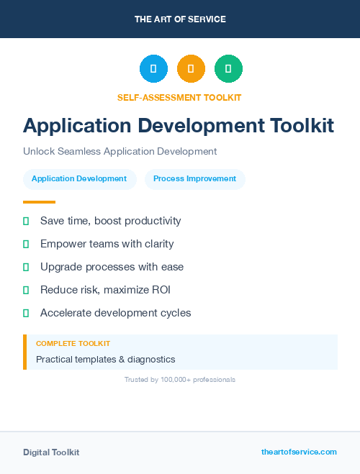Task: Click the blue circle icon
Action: pos(153,69)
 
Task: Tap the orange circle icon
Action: pos(191,69)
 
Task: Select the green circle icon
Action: pos(228,69)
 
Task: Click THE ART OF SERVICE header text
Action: pos(180,19)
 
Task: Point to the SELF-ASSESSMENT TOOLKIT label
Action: pos(180,97)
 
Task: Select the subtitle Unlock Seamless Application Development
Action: pos(120,152)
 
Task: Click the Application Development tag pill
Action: pos(79,178)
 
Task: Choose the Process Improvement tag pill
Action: pos(194,178)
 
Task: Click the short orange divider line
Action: pos(39,202)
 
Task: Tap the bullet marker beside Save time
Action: pos(26,221)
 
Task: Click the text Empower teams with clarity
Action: pos(107,244)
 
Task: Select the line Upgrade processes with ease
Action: pos(112,267)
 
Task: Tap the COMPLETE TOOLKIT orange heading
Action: pos(73,344)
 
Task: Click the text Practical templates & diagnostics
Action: pos(105,359)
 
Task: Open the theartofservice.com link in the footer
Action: pos(299,452)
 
